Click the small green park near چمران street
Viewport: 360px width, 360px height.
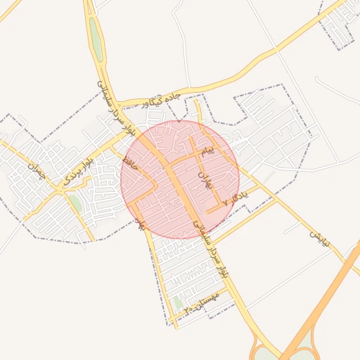[x=75, y=204]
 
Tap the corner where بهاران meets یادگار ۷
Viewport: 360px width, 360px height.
[x=207, y=211]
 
